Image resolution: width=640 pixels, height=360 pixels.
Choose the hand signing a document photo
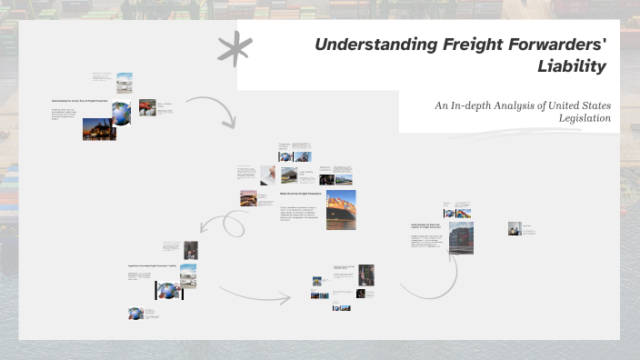(x=268, y=175)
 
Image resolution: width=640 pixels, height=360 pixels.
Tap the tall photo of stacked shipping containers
(x=460, y=236)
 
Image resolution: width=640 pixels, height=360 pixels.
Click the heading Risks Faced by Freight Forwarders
(x=299, y=193)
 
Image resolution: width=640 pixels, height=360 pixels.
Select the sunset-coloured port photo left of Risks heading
(x=248, y=197)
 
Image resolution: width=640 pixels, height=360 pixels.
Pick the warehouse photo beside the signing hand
(x=288, y=175)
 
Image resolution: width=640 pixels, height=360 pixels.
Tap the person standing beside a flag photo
(x=191, y=249)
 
